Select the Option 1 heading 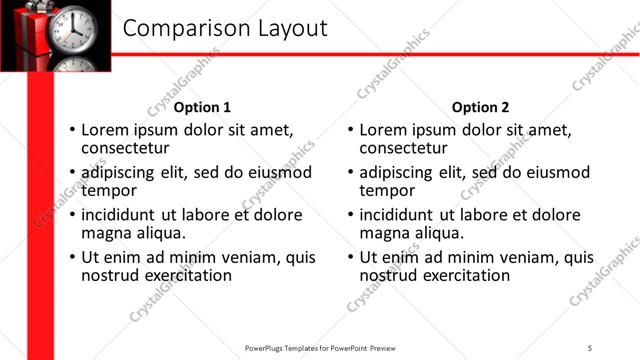202,107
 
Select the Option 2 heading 480,107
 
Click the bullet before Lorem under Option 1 71,131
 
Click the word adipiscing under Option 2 396,172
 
